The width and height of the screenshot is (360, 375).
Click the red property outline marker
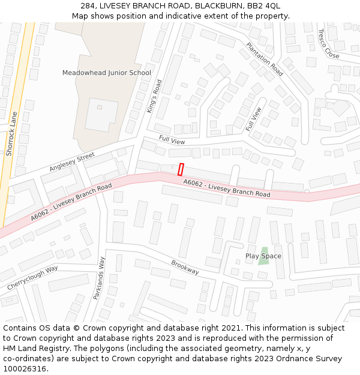[x=181, y=170]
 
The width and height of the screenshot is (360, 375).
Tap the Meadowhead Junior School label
[x=107, y=73]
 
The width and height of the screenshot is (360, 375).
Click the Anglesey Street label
[x=72, y=162]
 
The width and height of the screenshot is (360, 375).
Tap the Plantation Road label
[x=265, y=59]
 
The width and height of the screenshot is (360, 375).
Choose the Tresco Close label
[x=328, y=43]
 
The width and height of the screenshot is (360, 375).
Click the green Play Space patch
[x=263, y=256]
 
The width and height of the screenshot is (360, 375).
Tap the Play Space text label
[x=263, y=256]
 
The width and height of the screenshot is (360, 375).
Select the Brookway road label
[x=185, y=268]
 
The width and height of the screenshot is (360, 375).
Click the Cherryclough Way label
[x=32, y=278]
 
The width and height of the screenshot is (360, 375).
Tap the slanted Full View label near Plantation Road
[x=253, y=119]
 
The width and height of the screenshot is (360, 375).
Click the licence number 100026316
[x=24, y=368]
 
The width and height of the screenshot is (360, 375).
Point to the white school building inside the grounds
[x=101, y=115]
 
